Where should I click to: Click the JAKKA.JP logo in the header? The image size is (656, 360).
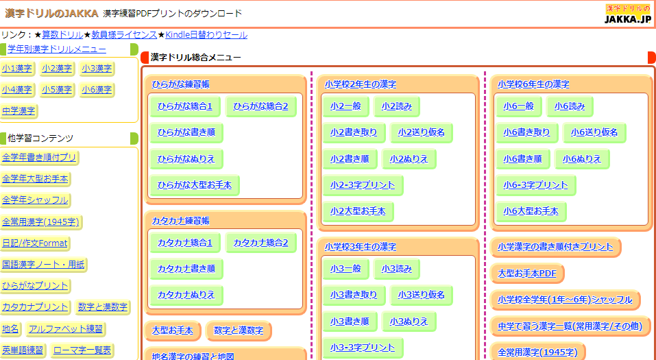click(628, 14)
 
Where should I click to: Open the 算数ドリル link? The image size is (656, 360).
click(62, 35)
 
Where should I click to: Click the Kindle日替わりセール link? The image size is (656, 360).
click(206, 35)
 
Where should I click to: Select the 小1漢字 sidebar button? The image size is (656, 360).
click(17, 69)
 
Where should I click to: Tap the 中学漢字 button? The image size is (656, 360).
click(19, 111)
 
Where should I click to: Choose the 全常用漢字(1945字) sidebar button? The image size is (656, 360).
click(41, 221)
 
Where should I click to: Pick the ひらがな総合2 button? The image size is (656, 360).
click(260, 106)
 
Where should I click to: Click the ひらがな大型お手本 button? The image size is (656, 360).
click(195, 184)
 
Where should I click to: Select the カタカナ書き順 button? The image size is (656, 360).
click(186, 269)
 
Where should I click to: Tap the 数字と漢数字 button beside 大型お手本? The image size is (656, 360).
click(239, 331)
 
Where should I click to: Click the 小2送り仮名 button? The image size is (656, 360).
click(422, 132)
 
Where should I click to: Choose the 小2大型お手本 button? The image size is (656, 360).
click(358, 211)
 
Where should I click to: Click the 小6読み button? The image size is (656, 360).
click(570, 106)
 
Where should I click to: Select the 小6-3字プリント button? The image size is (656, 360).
click(535, 185)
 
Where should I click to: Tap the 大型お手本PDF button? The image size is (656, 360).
click(527, 273)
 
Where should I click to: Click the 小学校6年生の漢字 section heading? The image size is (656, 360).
click(533, 84)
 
